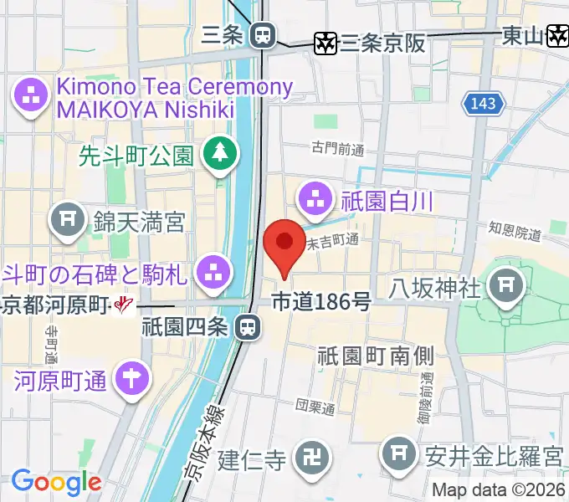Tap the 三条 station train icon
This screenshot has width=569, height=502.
tap(263, 35)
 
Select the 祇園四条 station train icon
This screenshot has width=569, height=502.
tap(247, 327)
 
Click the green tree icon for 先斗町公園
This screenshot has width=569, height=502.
tap(219, 152)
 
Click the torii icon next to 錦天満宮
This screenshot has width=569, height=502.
tap(68, 221)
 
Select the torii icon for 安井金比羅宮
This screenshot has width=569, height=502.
tap(397, 456)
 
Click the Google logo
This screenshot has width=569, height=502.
tap(56, 482)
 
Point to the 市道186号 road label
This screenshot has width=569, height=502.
tap(321, 301)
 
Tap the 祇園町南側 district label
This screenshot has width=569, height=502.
tap(376, 355)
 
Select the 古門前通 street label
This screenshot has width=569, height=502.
tap(338, 149)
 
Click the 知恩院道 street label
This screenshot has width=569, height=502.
tap(515, 231)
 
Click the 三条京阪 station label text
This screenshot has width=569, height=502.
tap(383, 41)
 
